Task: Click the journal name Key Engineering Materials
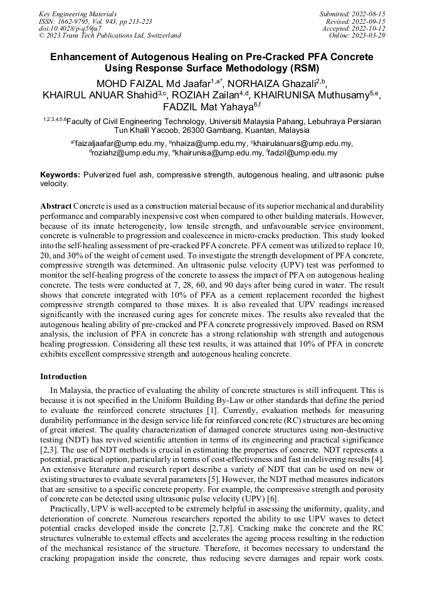pos(78,13)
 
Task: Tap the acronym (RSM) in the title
pos(301,68)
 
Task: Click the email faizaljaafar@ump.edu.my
pos(120,144)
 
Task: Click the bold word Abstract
pos(56,206)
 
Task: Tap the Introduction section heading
pos(63,377)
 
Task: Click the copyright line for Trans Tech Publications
pos(110,36)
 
